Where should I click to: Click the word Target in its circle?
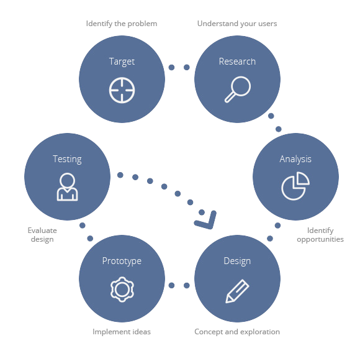click(x=122, y=62)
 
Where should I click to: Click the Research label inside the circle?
click(x=237, y=62)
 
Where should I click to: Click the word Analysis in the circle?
click(x=295, y=159)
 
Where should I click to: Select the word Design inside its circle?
click(x=237, y=262)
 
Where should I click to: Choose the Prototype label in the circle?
click(x=122, y=262)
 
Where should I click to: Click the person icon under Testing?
click(x=67, y=198)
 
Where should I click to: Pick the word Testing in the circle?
click(x=67, y=159)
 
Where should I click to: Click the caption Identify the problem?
click(x=122, y=24)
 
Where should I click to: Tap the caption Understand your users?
click(x=237, y=24)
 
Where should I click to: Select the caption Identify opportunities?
click(x=320, y=235)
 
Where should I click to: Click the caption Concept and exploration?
click(x=237, y=332)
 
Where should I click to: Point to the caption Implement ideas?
click(x=122, y=332)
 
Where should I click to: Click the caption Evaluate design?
click(x=42, y=235)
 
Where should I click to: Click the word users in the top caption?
click(x=268, y=24)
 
